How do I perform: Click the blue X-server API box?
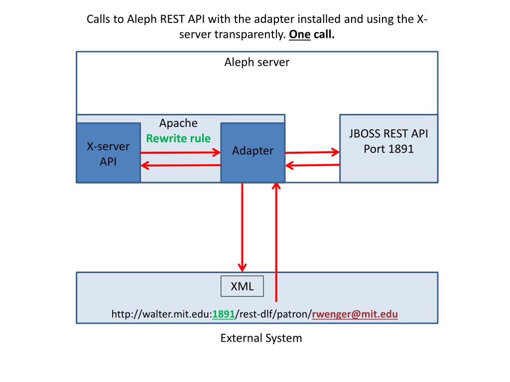coord(108,153)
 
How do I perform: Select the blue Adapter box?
coord(253,152)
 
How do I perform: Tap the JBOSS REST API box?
coord(388,148)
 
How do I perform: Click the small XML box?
coord(242,286)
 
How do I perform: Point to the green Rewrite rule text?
coord(178,138)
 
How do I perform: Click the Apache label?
coord(178,123)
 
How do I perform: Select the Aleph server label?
coord(256,62)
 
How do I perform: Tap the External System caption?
coord(261,338)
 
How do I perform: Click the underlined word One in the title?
coord(299,34)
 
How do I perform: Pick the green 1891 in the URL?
coord(224,314)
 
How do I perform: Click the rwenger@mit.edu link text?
coord(355,314)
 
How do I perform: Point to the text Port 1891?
coord(388,149)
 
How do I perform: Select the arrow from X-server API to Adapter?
coord(180,152)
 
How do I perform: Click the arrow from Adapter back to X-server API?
coord(180,165)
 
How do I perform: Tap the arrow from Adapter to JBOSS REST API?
coord(312,152)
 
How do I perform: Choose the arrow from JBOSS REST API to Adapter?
coord(312,165)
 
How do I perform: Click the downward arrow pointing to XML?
coord(242,227)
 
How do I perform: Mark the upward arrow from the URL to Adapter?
coord(276,242)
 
